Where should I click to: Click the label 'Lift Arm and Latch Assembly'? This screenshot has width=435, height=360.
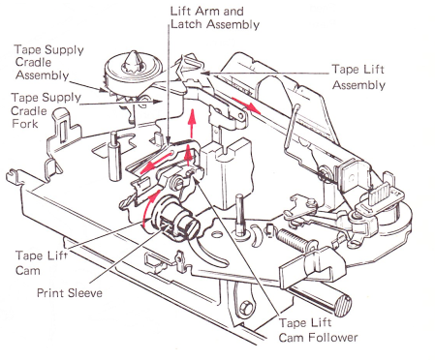coord(215,17)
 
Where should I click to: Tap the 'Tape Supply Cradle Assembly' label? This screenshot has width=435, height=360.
coord(49,62)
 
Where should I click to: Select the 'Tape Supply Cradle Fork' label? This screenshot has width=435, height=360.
coord(46,110)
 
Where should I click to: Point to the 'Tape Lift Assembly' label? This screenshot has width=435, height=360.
coord(358,77)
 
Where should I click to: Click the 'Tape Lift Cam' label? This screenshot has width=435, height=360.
coord(42,262)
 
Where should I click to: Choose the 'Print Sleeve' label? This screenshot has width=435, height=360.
coord(70,293)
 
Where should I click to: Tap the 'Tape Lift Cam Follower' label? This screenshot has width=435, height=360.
coord(318,330)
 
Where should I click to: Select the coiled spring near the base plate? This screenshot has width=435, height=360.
coord(293,240)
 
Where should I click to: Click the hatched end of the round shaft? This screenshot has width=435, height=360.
coord(343,306)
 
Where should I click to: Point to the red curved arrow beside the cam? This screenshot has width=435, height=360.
coord(151,205)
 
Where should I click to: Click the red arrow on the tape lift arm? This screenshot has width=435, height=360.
coord(246,105)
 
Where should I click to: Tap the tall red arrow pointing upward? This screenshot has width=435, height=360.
coord(193,124)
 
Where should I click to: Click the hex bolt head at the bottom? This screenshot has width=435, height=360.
coord(246,305)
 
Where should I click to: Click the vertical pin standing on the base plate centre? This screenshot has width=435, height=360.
coord(239,214)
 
